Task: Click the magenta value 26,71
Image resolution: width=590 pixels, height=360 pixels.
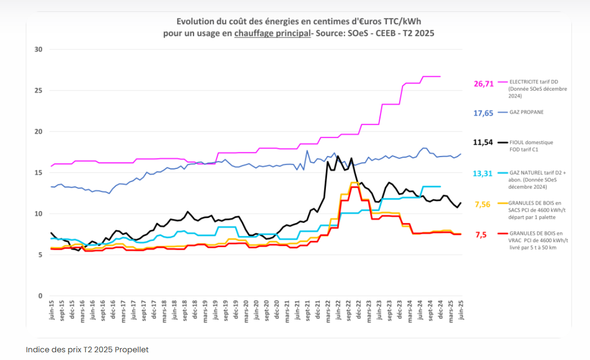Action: click(x=483, y=83)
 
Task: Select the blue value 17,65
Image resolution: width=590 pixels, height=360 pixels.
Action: click(x=483, y=113)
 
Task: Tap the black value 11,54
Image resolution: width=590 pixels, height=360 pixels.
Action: click(x=483, y=143)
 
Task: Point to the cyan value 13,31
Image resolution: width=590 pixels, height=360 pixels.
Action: click(x=483, y=174)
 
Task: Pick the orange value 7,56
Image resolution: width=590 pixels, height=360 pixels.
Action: click(x=482, y=204)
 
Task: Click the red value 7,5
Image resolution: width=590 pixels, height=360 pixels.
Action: click(x=481, y=235)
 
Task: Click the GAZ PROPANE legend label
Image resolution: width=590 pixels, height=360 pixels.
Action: click(x=526, y=112)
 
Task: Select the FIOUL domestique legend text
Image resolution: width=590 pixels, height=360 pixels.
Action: click(x=531, y=142)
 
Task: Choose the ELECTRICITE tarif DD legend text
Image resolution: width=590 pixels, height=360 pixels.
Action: click(x=533, y=81)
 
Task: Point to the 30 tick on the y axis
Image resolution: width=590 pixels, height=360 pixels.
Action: click(x=39, y=49)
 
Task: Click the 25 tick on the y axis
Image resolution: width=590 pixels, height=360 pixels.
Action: click(x=39, y=91)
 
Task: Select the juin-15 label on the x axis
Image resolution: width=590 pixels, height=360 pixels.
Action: click(x=52, y=311)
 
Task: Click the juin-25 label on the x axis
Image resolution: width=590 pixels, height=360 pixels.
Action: click(x=461, y=311)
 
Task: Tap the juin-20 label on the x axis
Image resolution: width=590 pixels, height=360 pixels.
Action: click(x=256, y=311)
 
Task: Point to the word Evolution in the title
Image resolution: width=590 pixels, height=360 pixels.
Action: click(x=194, y=22)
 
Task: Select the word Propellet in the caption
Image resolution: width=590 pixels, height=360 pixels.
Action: click(x=131, y=350)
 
